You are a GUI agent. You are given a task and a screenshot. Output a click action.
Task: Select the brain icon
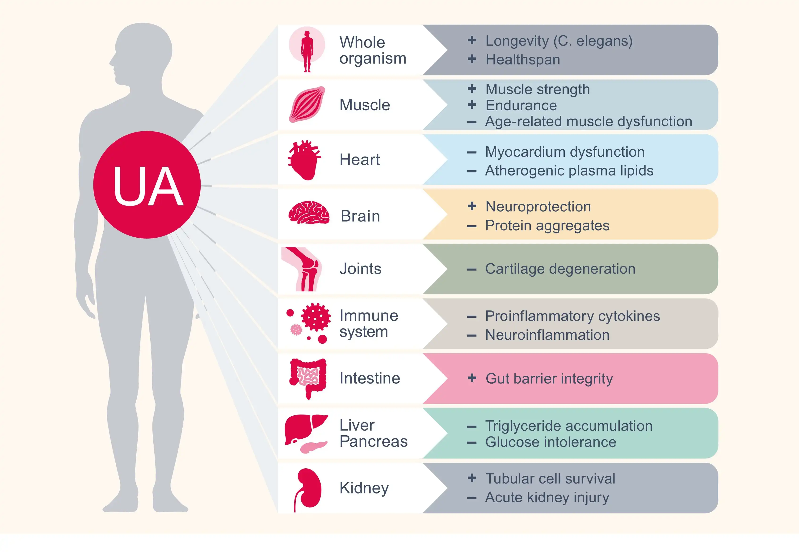[x=308, y=213]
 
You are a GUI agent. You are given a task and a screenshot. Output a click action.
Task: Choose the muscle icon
[x=307, y=104]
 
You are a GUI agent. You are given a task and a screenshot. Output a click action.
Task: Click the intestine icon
[x=308, y=378]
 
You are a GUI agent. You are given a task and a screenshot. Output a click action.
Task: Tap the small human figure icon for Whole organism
[x=307, y=50]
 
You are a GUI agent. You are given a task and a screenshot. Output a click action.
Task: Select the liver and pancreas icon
[x=306, y=433]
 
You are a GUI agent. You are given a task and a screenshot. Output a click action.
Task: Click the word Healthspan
[x=522, y=60]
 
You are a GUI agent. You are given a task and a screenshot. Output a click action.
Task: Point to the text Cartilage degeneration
[x=560, y=269]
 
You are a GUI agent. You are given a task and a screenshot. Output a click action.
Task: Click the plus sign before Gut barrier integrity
[x=472, y=378]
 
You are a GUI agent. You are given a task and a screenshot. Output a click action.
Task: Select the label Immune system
[x=368, y=323]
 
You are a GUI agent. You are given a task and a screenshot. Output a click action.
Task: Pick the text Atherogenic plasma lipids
[x=569, y=171]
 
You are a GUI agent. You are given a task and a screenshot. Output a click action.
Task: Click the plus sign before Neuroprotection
[x=472, y=206]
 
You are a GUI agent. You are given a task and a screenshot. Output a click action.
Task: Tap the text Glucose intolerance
[x=550, y=442]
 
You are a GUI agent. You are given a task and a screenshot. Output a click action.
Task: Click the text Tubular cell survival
[x=550, y=479]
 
